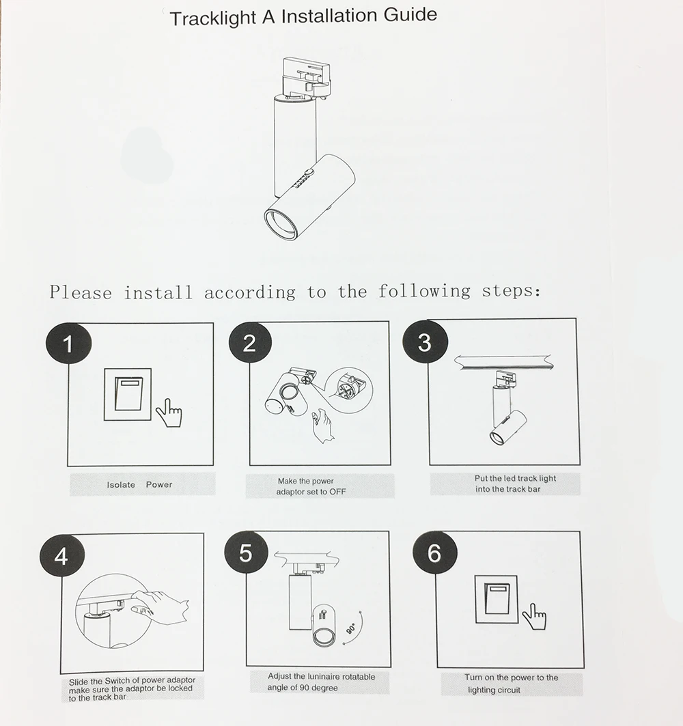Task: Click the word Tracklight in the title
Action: pyautogui.click(x=212, y=18)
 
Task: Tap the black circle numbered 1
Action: pyautogui.click(x=68, y=345)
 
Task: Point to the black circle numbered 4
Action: pyautogui.click(x=61, y=557)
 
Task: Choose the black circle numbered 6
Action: pyautogui.click(x=434, y=553)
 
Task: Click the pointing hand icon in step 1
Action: pyautogui.click(x=169, y=412)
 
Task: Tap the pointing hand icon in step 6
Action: pyautogui.click(x=534, y=618)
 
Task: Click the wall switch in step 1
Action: pyautogui.click(x=128, y=395)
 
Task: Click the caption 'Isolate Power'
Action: pyautogui.click(x=140, y=485)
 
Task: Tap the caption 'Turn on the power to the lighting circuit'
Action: pyautogui.click(x=512, y=684)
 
